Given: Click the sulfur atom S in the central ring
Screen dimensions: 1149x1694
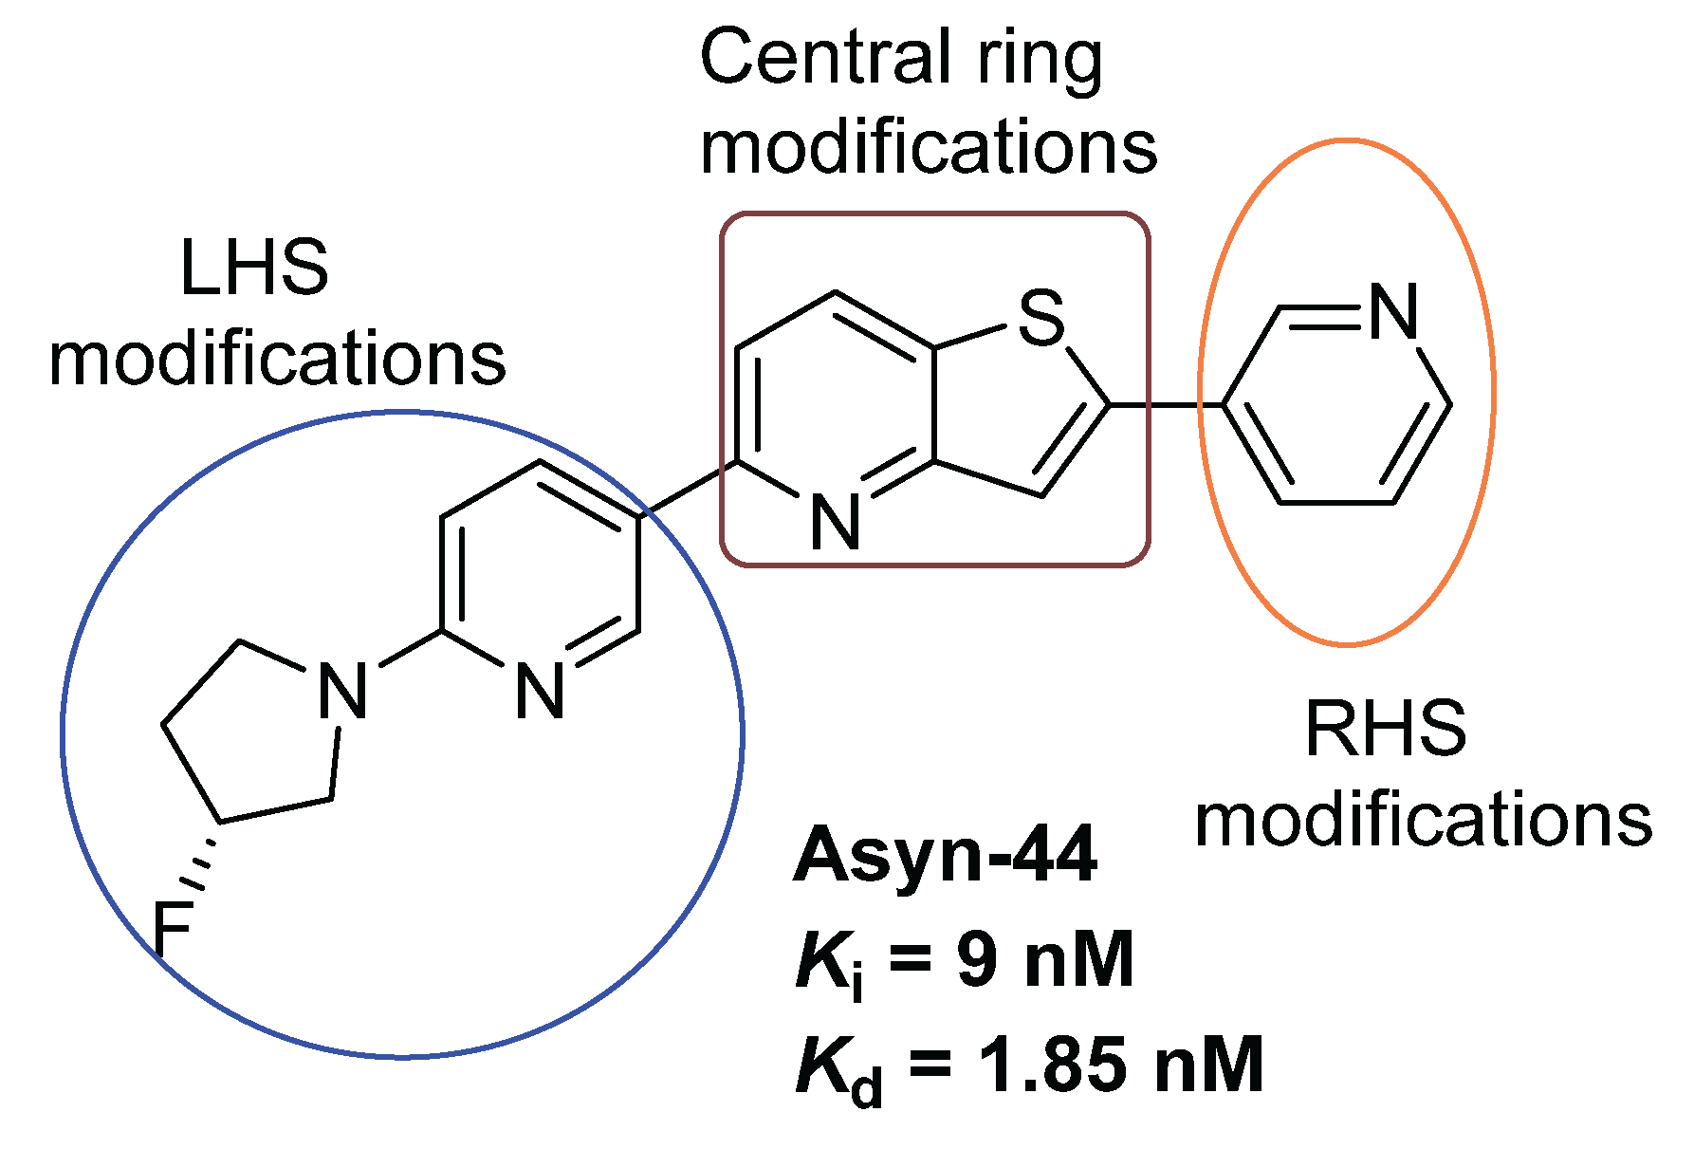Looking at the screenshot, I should click(1041, 318).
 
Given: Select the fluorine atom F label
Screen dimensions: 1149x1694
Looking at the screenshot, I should click(173, 929).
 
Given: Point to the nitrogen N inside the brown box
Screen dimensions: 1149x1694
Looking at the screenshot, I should click(836, 522).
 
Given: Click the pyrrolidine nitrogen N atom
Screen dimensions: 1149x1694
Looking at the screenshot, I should click(342, 691).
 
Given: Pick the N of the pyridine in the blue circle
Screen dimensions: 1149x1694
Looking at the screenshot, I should click(540, 691).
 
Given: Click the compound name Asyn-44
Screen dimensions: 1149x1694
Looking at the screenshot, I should click(945, 854).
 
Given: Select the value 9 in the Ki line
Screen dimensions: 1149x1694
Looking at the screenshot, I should click(977, 959).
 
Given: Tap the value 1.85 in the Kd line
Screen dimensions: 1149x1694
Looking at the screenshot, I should click(1053, 1065).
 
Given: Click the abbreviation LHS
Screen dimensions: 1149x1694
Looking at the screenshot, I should click(254, 269).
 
